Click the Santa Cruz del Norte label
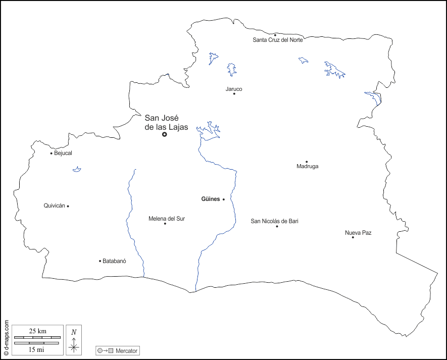[278, 40]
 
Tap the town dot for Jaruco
[234, 93]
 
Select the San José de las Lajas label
[166, 123]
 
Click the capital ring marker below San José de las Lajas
[165, 134]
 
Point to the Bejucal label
[63, 153]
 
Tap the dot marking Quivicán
[68, 206]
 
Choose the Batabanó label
[114, 261]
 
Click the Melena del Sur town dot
[165, 223]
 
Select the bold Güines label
[211, 199]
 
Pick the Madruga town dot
[307, 162]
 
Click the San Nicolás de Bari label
[275, 221]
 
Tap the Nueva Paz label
[358, 233]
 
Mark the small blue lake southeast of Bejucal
[77, 170]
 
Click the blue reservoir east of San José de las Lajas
[208, 131]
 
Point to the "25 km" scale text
[38, 331]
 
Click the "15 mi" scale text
[36, 349]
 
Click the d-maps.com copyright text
[6, 335]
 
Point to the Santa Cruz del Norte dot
[275, 35]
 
